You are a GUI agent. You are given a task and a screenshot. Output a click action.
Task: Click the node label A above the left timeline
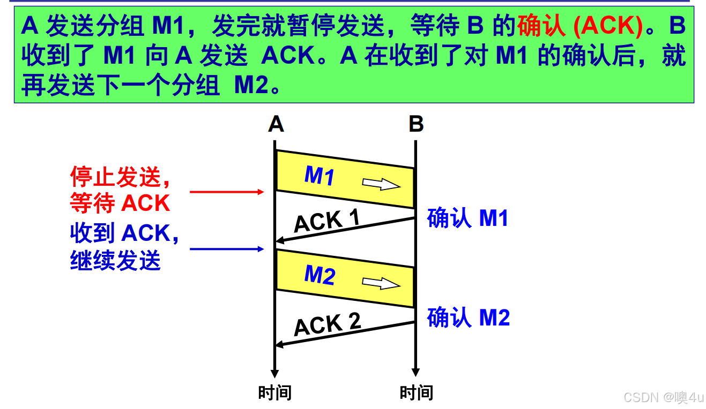(276, 124)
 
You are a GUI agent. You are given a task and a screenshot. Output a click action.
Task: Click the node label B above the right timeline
(416, 124)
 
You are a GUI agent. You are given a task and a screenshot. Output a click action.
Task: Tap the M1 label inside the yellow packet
(319, 175)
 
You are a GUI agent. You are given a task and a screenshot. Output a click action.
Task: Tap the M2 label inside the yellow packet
(319, 275)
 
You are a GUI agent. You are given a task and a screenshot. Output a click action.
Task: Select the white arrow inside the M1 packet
(381, 184)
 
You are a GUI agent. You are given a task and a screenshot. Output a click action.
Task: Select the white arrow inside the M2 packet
(381, 283)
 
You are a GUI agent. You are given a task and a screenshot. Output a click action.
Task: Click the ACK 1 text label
(326, 221)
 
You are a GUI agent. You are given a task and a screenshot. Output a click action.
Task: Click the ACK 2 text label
(327, 324)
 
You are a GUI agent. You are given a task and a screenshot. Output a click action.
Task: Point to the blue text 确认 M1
(467, 218)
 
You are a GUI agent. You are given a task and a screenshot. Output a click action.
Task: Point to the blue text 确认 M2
(468, 317)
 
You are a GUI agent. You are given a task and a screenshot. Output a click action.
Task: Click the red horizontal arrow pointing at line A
(227, 192)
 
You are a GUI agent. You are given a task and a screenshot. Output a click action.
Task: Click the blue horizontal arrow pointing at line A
(227, 249)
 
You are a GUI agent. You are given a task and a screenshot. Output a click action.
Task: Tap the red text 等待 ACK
(120, 204)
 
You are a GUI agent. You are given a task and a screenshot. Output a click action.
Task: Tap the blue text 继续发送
(115, 261)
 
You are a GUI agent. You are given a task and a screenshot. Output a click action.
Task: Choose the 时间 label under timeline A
(274, 393)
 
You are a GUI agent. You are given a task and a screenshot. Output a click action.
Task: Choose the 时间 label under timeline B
(416, 393)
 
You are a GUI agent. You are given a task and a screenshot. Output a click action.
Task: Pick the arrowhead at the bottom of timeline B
(415, 372)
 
